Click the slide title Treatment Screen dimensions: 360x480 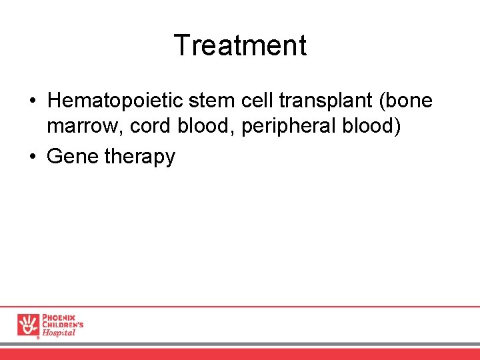pyautogui.click(x=240, y=46)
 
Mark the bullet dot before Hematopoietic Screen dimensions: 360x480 pyautogui.click(x=33, y=101)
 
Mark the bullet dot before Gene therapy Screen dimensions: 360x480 pyautogui.click(x=33, y=157)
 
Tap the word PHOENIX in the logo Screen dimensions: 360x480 pyautogui.click(x=59, y=317)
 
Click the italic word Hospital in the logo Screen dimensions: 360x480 pyautogui.click(x=59, y=333)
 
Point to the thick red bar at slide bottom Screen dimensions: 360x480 pyautogui.click(x=240, y=354)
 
